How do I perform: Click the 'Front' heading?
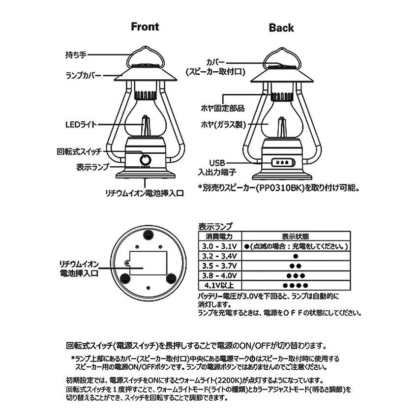145,27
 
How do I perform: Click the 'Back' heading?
281,28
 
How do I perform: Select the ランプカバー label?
84,76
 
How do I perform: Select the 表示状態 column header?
296,236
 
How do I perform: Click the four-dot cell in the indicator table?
296,285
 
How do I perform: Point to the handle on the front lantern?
146,58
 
